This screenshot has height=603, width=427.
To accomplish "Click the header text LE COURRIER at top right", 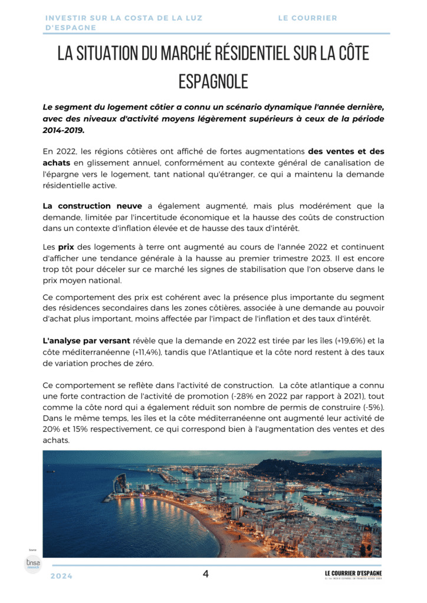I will tap(307, 18).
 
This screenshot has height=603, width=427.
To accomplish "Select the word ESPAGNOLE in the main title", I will tap(213, 81).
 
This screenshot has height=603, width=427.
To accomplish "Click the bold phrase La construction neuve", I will tap(93, 206).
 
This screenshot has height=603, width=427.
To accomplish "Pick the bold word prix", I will tap(65, 247).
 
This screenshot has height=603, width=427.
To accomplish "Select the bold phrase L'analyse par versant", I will tap(87, 341).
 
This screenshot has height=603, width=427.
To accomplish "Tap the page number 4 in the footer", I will tap(206, 574).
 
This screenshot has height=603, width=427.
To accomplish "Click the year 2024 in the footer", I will tap(61, 577).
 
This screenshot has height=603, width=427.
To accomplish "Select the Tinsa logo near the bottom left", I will tap(32, 564).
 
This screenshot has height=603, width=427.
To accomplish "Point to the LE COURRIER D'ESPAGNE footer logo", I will tap(353, 575).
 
